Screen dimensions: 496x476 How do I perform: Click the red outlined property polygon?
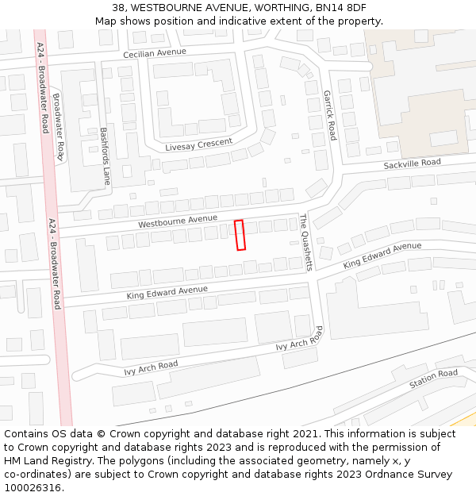240,235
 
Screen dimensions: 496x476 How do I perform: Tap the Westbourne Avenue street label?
177,221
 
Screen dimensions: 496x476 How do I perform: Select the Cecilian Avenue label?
154,53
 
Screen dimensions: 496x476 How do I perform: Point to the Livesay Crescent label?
198,145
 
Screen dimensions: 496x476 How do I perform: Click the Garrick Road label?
329,115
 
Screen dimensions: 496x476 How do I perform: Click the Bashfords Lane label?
104,156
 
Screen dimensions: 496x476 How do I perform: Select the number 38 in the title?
129,8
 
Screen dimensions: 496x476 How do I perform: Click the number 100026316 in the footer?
33,488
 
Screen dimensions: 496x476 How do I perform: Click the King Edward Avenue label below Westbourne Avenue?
167,293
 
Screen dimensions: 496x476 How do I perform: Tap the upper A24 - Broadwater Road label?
42,87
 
